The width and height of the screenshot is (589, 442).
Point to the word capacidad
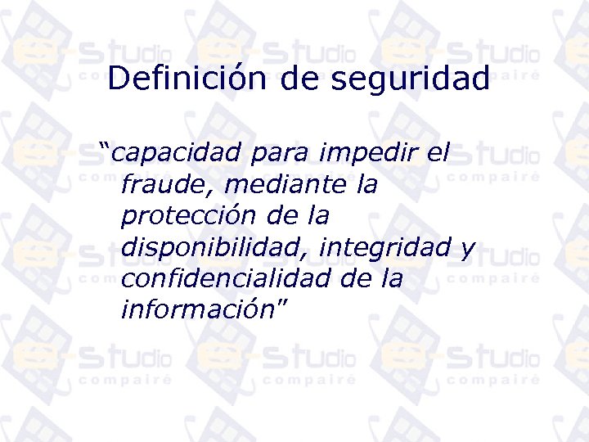(x=176, y=153)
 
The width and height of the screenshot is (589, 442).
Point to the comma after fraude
(x=211, y=192)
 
